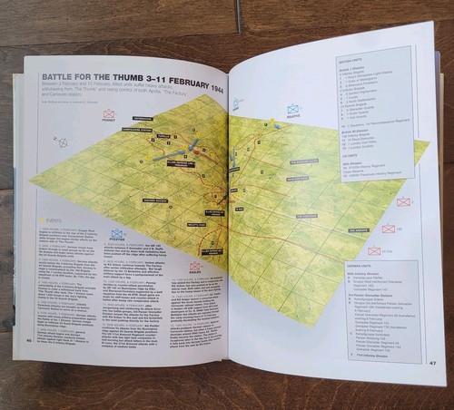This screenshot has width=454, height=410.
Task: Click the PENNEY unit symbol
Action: coord(109,114)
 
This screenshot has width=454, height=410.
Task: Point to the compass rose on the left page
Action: coord(63,142)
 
